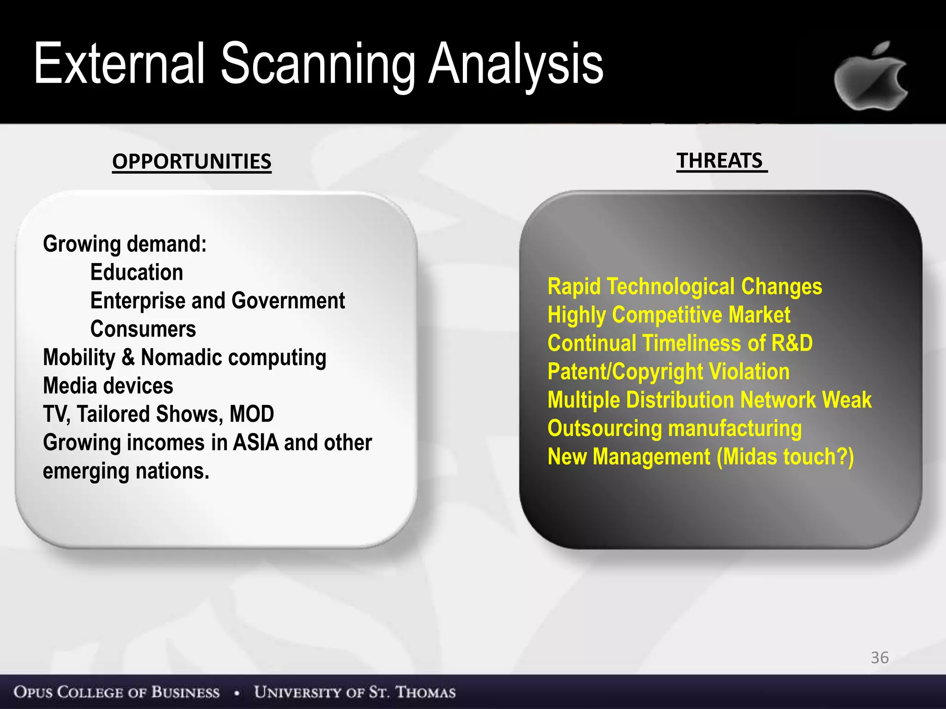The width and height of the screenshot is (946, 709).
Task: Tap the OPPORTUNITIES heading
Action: tap(192, 162)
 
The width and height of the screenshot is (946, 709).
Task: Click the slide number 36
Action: tap(879, 657)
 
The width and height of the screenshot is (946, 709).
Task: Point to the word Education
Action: tap(137, 272)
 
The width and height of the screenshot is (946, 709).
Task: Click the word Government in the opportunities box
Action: tap(288, 301)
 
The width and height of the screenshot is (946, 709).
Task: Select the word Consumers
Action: tap(143, 329)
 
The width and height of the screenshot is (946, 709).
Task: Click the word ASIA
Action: tap(256, 443)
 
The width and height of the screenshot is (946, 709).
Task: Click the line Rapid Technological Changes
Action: tap(685, 287)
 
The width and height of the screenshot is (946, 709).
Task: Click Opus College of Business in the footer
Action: tap(116, 692)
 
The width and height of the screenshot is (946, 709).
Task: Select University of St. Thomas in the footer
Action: tap(355, 692)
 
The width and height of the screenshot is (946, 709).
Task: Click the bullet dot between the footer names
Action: tap(237, 693)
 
